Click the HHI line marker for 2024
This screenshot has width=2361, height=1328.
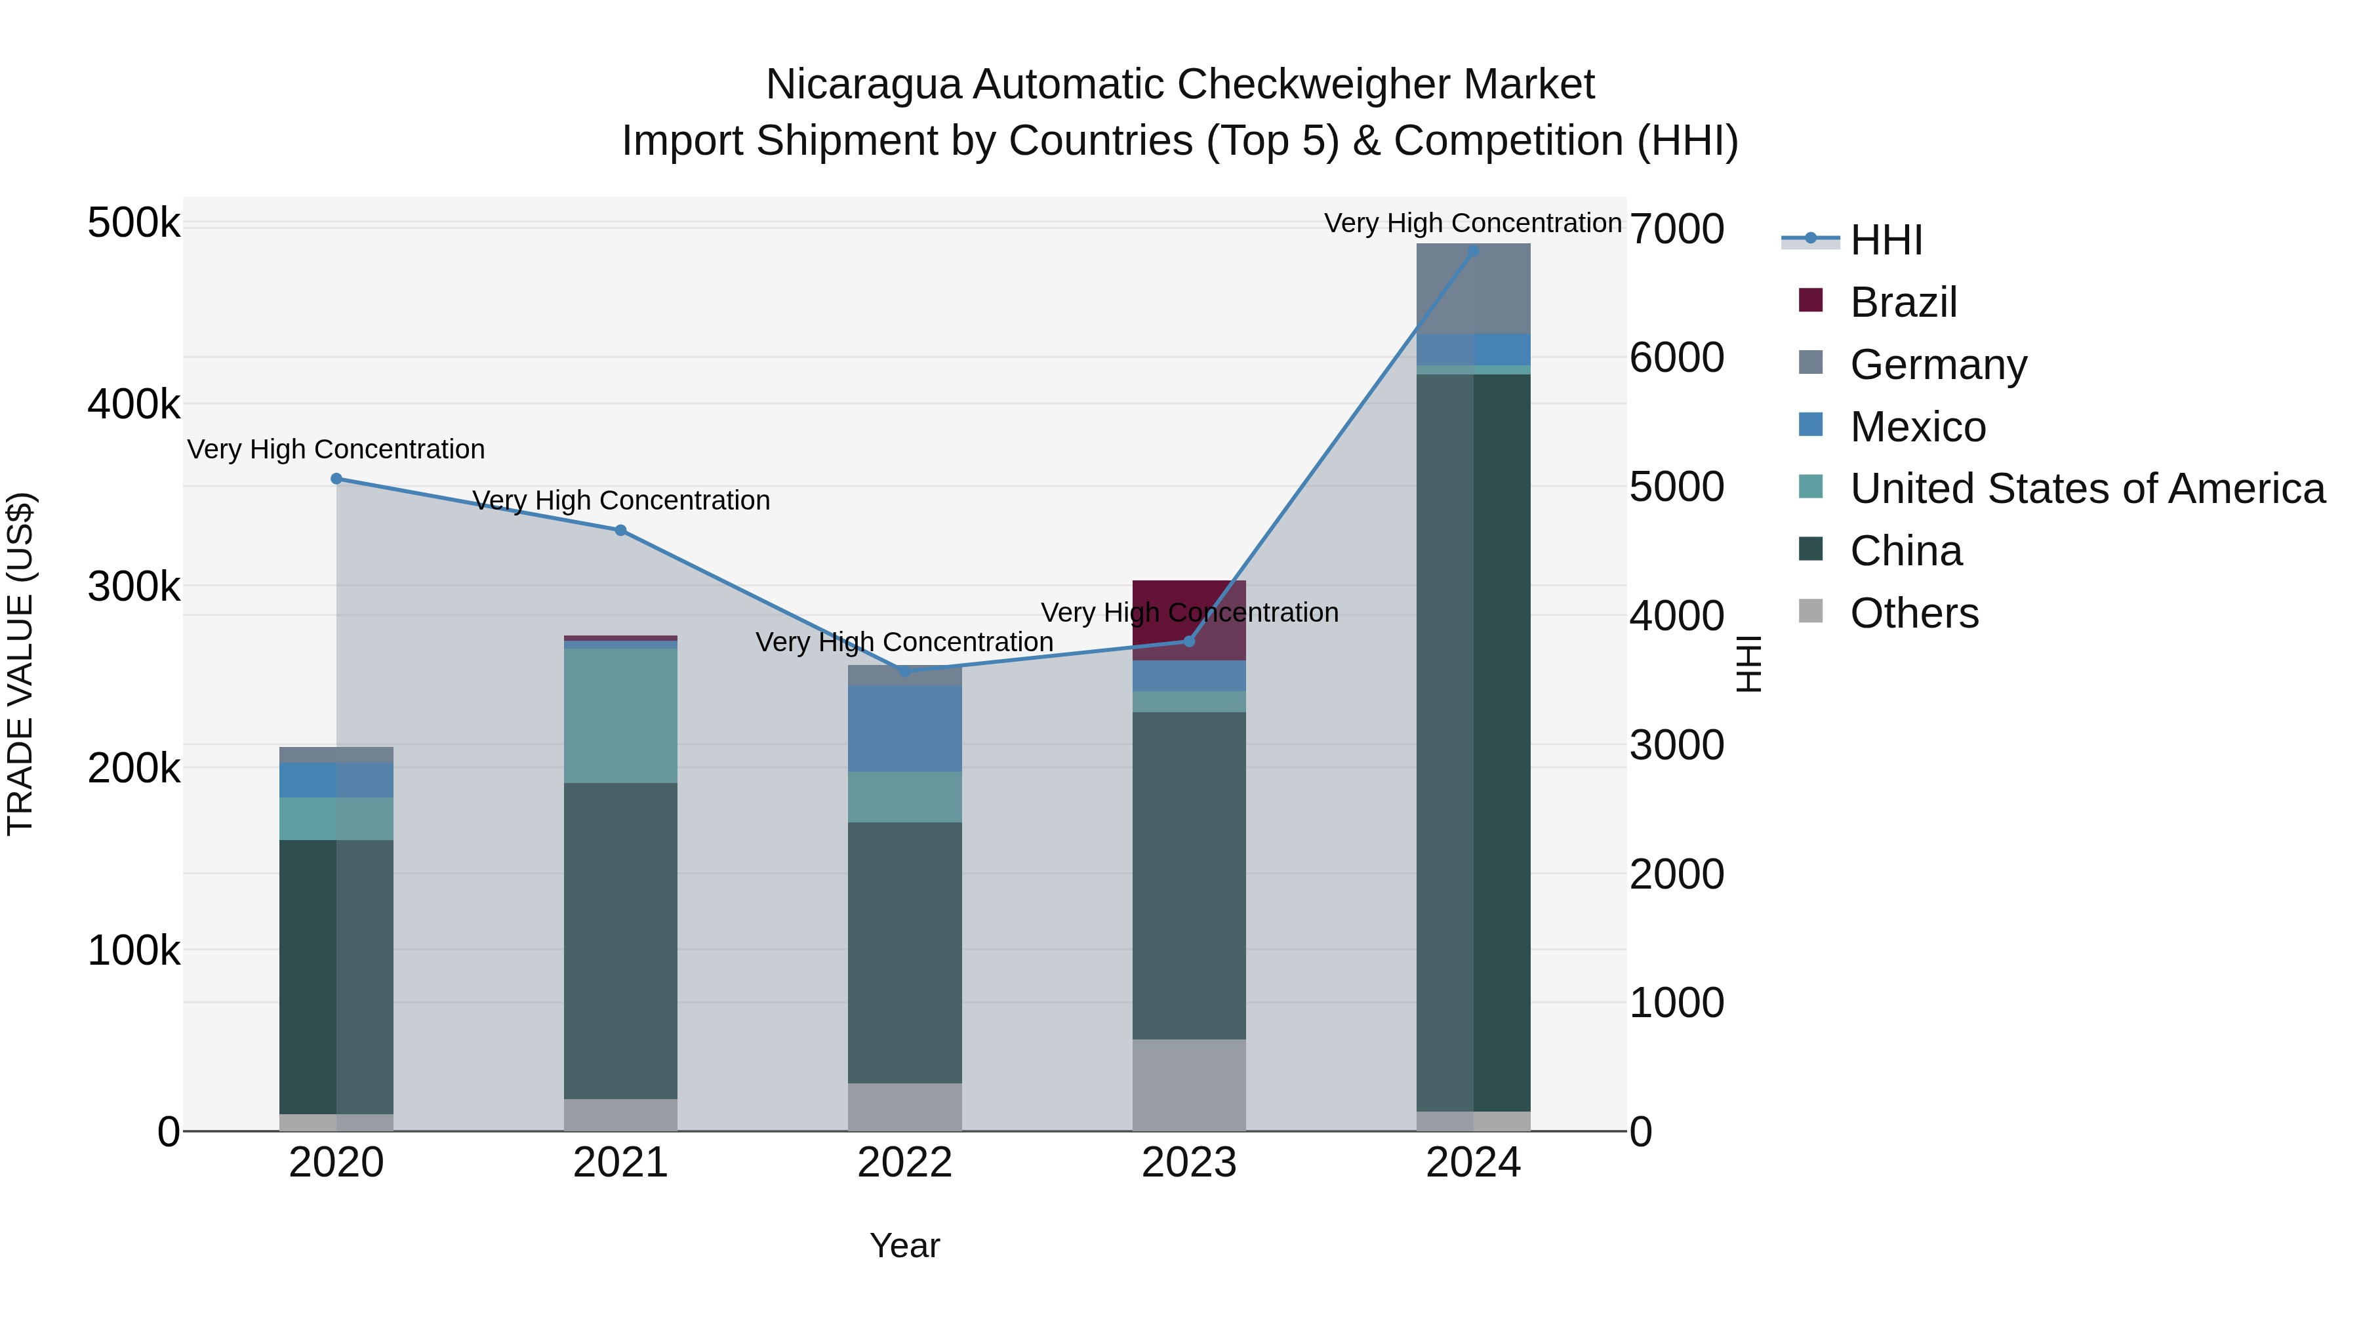point(1473,251)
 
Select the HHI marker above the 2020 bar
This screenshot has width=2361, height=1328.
point(336,479)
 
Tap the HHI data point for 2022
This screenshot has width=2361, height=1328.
point(904,671)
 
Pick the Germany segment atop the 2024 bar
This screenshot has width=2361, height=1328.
point(1473,288)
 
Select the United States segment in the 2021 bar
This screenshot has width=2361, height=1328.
point(620,715)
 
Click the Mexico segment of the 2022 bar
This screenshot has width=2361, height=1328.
point(904,729)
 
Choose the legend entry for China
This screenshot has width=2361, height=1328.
point(1905,551)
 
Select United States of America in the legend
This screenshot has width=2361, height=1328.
point(2087,489)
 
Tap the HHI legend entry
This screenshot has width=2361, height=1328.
point(1886,240)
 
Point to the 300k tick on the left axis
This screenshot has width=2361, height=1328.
point(134,586)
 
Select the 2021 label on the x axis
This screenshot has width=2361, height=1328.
point(620,1163)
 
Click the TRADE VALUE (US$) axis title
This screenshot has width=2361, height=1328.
point(20,664)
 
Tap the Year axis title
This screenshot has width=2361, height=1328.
point(904,1245)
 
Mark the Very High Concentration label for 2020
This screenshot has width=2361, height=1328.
point(336,449)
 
